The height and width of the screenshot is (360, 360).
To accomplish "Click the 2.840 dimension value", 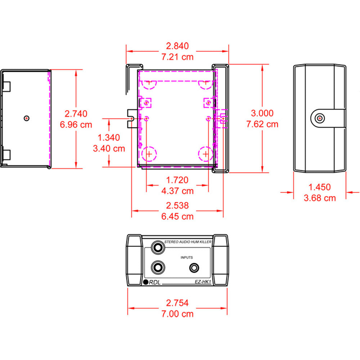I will pyautogui.click(x=177, y=46).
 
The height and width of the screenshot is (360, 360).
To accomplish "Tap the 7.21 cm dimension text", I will pyautogui.click(x=177, y=57).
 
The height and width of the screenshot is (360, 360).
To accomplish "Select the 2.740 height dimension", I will pyautogui.click(x=76, y=114).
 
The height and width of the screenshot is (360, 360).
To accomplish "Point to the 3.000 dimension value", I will pyautogui.click(x=262, y=113).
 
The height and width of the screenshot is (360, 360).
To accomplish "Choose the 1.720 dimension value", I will pyautogui.click(x=177, y=180).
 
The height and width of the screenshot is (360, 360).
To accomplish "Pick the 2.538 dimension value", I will pyautogui.click(x=177, y=205).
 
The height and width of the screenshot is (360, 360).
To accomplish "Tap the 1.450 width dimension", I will pyautogui.click(x=320, y=187).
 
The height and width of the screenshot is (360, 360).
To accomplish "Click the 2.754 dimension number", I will pyautogui.click(x=177, y=303).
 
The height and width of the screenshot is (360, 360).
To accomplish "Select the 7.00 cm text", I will pyautogui.click(x=177, y=314).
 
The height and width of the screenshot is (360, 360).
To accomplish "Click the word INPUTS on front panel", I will pyautogui.click(x=187, y=257).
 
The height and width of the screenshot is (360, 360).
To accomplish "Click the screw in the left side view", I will pyautogui.click(x=27, y=118).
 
